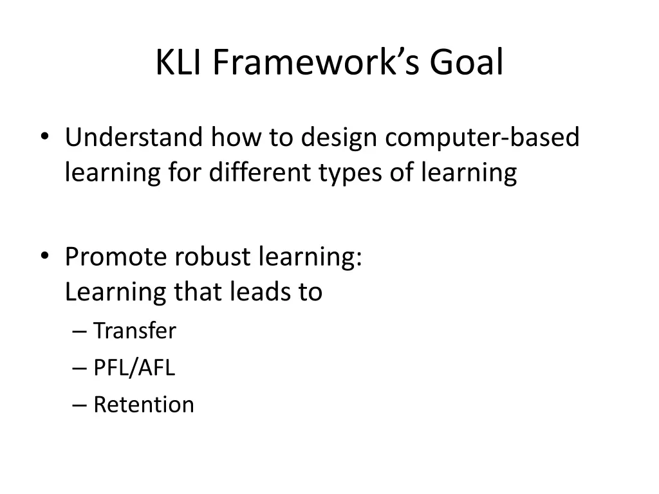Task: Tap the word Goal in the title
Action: (x=467, y=63)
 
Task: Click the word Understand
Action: (x=133, y=138)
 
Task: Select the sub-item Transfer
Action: (x=135, y=331)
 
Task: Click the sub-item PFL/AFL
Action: (x=134, y=368)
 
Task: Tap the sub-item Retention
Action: (x=144, y=405)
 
